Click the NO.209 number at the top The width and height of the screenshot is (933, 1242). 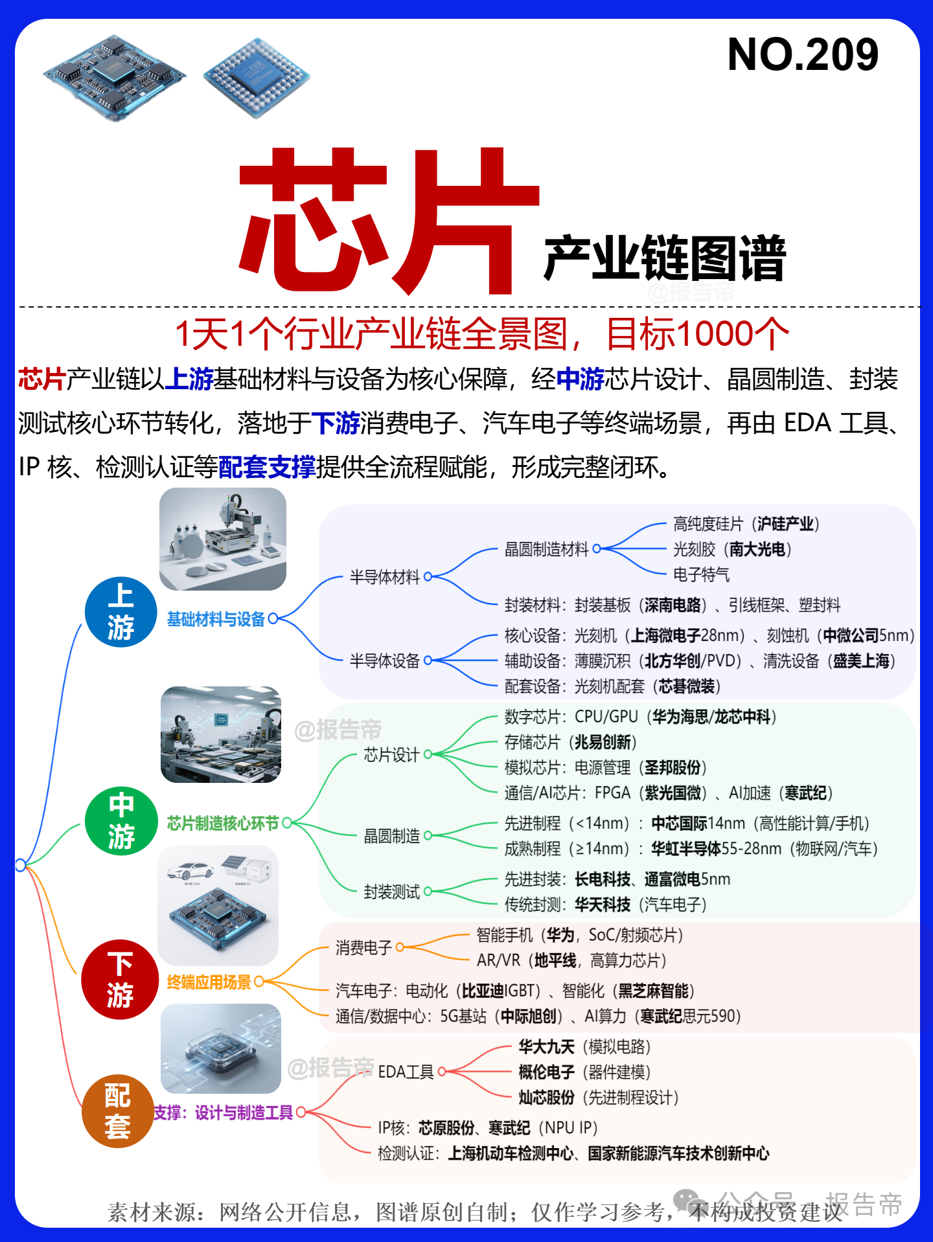point(803,54)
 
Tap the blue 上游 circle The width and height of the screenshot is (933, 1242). point(121,612)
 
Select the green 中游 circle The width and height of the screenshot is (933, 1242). point(121,820)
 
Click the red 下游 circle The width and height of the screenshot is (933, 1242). point(120,979)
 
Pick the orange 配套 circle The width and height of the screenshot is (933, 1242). point(118,1111)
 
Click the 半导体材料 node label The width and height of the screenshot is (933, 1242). point(385,577)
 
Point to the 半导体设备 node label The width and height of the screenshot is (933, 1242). point(385,661)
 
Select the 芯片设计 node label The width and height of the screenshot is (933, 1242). point(392,754)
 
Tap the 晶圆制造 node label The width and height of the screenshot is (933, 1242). point(392,836)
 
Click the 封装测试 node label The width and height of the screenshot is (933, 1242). point(392,892)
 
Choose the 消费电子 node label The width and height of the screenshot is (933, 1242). point(364,948)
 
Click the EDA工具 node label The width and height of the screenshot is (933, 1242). point(406,1072)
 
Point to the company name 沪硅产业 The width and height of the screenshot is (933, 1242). point(785,524)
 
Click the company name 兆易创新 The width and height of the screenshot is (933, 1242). point(603,742)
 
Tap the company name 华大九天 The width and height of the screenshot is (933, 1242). point(547,1047)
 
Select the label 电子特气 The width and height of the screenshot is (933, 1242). point(701,574)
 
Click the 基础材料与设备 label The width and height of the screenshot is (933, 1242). point(216,619)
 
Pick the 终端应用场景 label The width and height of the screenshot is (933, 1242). point(209,982)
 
